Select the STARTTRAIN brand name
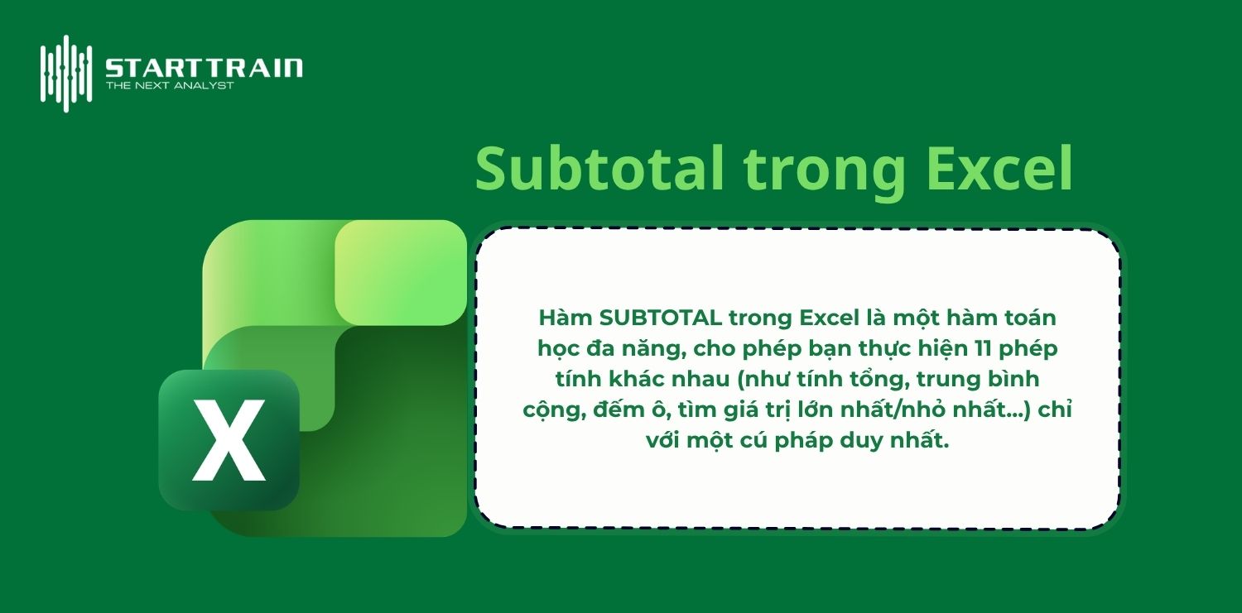click(204, 67)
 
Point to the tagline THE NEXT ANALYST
click(170, 85)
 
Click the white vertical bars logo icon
click(65, 73)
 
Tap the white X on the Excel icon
click(229, 440)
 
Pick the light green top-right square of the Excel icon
click(401, 271)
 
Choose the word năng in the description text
click(659, 348)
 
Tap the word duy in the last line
click(869, 440)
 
